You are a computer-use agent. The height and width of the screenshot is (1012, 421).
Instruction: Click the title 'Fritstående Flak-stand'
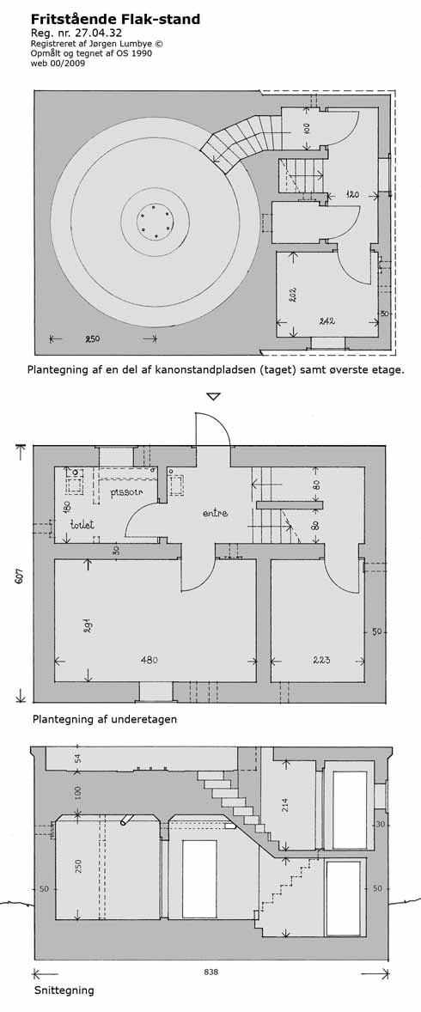click(x=116, y=20)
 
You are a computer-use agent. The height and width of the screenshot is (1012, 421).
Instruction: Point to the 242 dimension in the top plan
click(x=326, y=320)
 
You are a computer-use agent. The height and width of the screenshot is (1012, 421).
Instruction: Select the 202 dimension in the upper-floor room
click(x=292, y=296)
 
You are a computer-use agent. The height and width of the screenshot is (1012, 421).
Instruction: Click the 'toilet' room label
click(x=83, y=525)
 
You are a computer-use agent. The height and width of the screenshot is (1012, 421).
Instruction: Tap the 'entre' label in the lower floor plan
click(x=216, y=513)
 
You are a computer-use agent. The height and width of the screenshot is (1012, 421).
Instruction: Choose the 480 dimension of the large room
click(x=149, y=661)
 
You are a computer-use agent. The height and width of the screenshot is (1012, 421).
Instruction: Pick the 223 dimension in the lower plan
click(x=321, y=661)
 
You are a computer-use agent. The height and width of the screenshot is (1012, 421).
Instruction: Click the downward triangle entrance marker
click(x=213, y=396)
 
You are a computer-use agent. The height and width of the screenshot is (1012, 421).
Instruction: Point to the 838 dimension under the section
click(x=211, y=972)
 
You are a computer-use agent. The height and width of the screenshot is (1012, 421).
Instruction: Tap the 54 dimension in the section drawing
click(x=79, y=758)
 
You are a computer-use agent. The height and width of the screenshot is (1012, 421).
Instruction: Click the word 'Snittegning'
click(x=64, y=990)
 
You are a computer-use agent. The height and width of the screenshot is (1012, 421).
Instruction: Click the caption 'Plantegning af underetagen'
click(x=105, y=718)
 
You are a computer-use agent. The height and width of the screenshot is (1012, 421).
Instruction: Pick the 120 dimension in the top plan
click(x=351, y=193)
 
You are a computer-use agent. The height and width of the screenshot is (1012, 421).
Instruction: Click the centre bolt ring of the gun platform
click(x=155, y=222)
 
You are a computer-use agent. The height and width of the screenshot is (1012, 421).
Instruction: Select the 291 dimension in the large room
click(x=87, y=625)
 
